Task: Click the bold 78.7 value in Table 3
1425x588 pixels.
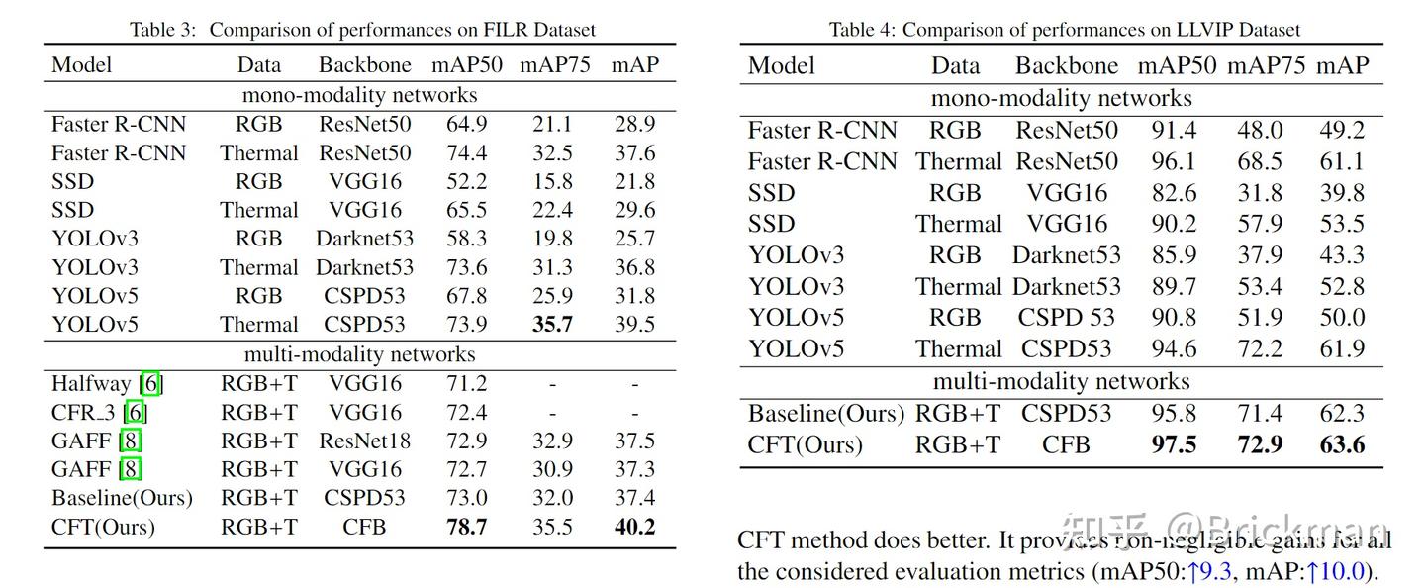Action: [x=467, y=527]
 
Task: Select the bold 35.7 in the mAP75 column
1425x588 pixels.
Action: [x=553, y=325]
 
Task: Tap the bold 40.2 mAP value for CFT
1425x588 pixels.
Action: [x=634, y=527]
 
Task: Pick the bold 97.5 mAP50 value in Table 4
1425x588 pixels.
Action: [x=1174, y=444]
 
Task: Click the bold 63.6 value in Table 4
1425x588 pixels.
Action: [x=1341, y=444]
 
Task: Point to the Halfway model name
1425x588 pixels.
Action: [x=91, y=383]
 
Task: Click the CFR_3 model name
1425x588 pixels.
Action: [x=84, y=412]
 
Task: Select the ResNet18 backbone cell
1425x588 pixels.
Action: [x=364, y=441]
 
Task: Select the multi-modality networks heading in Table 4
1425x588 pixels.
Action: [x=1062, y=381]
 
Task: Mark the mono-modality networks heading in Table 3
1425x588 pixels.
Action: [x=359, y=95]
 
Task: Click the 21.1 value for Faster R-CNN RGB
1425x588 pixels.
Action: [x=553, y=125]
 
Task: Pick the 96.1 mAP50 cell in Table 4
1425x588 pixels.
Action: [x=1174, y=161]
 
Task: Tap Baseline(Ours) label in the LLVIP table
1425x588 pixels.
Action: [x=825, y=414]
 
